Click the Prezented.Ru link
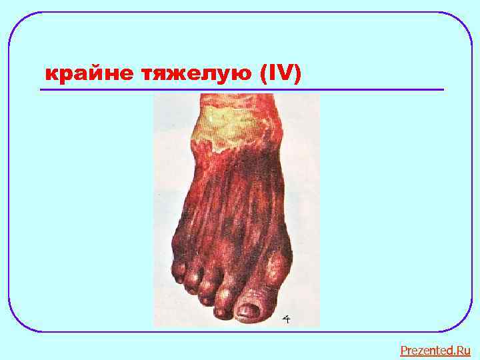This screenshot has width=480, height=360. (x=435, y=350)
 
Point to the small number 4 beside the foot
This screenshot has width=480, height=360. (x=286, y=320)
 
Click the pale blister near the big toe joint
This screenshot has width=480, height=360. (x=274, y=267)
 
